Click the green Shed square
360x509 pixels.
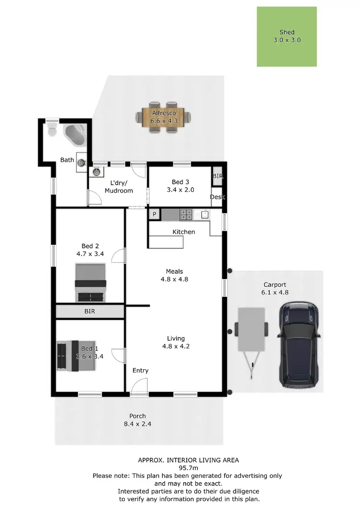click(x=287, y=36)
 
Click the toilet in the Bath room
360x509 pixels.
click(x=51, y=130)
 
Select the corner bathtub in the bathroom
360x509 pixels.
click(x=75, y=135)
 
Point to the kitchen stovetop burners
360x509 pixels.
click(x=186, y=215)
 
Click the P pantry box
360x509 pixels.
click(x=155, y=215)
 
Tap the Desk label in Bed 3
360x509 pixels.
click(x=217, y=197)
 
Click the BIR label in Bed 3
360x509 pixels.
click(x=217, y=177)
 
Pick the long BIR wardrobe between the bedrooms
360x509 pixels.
click(x=90, y=312)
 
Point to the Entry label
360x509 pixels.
click(x=141, y=370)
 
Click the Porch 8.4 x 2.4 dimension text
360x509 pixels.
click(x=137, y=424)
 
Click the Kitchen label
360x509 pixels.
click(x=184, y=232)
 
